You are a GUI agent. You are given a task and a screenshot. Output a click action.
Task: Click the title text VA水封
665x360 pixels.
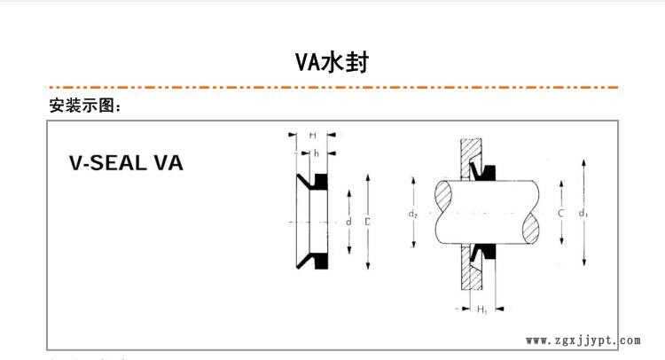[x=331, y=62]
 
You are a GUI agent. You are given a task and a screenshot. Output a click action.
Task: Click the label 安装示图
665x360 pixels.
[x=83, y=106]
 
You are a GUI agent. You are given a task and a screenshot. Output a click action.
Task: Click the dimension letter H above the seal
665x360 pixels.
[x=312, y=135]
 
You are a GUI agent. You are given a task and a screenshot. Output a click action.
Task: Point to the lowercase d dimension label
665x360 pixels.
[x=348, y=221]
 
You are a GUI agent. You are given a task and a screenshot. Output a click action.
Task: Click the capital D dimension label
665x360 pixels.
[x=367, y=221]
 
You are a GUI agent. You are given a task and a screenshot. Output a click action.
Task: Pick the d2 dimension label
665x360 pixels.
[x=413, y=214]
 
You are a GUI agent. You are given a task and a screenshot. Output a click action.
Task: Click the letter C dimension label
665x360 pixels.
[x=561, y=214]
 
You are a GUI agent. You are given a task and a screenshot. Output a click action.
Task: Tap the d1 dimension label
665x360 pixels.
[x=583, y=214]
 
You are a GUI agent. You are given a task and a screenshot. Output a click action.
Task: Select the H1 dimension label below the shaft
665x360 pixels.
[x=481, y=309]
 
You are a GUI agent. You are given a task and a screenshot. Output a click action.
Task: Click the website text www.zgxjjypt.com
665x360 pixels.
[x=583, y=340]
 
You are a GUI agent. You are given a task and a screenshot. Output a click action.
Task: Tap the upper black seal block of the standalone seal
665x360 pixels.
[x=318, y=181]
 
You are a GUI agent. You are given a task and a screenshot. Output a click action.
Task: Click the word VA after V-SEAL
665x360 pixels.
[x=168, y=163]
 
